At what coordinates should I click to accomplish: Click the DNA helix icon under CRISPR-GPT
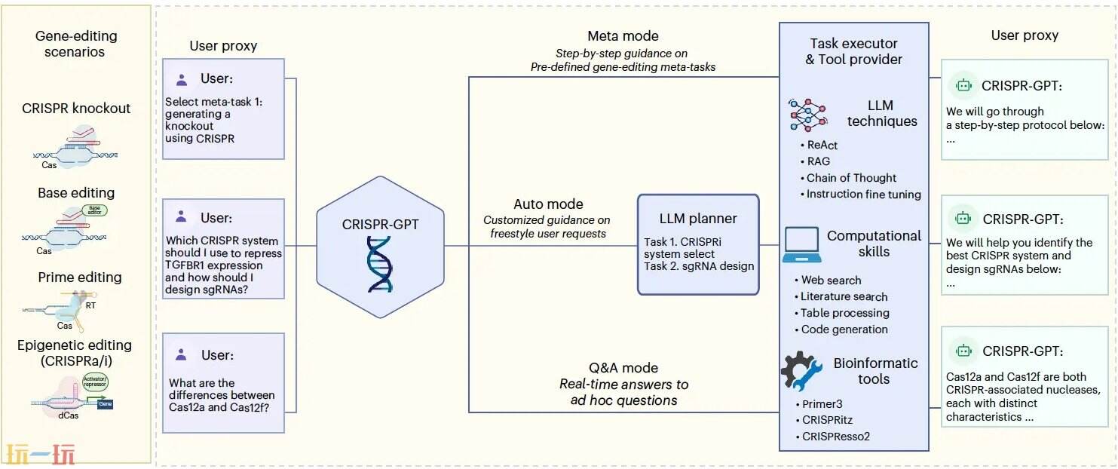pos(380,263)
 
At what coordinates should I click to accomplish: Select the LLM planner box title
pos(698,219)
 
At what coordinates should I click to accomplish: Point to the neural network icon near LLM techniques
pos(808,115)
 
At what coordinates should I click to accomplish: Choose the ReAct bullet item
pos(822,145)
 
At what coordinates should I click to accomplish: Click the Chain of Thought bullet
pos(851,178)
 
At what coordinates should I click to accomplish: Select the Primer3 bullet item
pos(822,404)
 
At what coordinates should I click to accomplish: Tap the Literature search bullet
pos(844,296)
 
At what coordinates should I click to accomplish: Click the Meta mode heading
pos(623,36)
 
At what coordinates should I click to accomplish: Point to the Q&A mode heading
pos(623,368)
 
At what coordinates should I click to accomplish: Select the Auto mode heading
pos(548,204)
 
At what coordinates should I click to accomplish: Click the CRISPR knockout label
pos(76,109)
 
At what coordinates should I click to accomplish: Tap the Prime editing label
pos(80,278)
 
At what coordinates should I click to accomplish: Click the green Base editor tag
pos(94,210)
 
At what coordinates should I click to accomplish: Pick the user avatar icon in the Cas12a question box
pos(181,354)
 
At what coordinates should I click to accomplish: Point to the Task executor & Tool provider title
pos(853,51)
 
